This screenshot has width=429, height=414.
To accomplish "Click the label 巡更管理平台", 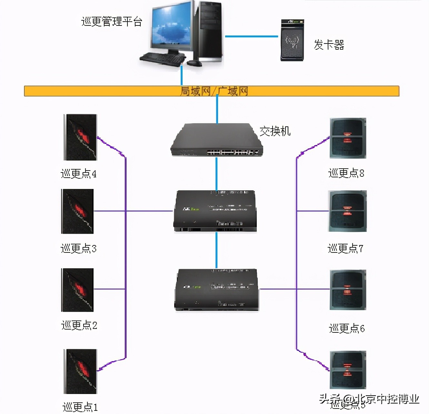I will point(112,22).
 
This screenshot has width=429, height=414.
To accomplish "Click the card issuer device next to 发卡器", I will point(292,40).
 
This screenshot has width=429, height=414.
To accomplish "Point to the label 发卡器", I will point(329,45).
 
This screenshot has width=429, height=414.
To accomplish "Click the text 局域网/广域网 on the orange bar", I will point(214,91).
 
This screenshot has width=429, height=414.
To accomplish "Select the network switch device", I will point(216,140).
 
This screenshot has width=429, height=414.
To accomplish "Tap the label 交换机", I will point(275,131).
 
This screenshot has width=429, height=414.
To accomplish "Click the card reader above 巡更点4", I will point(81,137).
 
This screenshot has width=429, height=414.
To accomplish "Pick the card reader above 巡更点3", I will point(77,211).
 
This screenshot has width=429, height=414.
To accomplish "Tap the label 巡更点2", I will point(79,325).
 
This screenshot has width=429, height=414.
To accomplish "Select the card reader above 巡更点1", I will point(80,371).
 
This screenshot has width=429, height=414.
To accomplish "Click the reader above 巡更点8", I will point(348,138).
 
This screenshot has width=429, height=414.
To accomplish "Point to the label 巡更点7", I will point(345,248).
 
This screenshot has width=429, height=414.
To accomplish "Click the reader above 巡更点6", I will point(348,290).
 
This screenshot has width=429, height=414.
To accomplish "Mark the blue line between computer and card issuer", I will point(251,36).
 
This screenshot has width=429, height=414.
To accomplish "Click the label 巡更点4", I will point(78,174).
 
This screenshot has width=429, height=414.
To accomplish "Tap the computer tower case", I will point(210,31).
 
